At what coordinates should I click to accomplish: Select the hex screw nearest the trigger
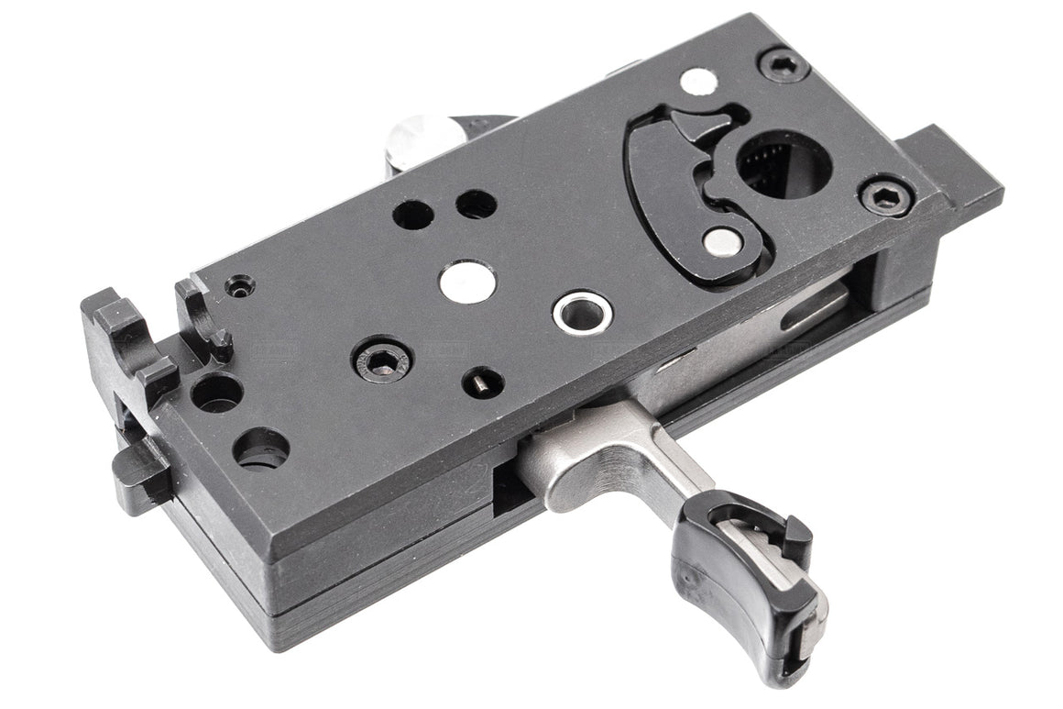(x=382, y=358)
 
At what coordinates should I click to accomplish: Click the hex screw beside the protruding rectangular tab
(x=886, y=195)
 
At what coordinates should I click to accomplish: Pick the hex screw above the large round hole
(x=784, y=65)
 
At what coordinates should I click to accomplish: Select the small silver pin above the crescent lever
(x=699, y=82)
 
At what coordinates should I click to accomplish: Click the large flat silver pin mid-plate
(x=467, y=282)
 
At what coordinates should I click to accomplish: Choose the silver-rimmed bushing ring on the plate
(x=582, y=312)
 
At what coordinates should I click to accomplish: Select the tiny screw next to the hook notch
(x=241, y=287)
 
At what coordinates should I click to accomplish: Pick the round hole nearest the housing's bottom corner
(x=261, y=448)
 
